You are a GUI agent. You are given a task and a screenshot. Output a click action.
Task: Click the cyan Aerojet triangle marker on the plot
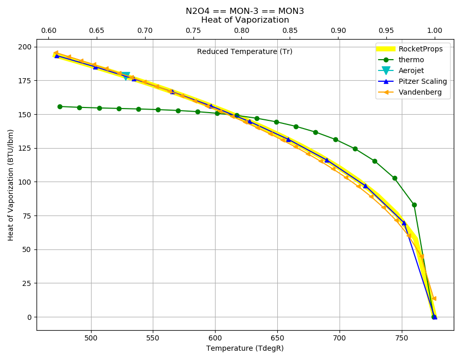[x=126, y=76]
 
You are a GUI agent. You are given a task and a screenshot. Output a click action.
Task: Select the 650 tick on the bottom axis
[x=277, y=338]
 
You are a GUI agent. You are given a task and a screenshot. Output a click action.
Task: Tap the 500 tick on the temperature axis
[x=91, y=338]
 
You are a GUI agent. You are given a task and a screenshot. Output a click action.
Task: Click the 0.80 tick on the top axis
[x=242, y=31]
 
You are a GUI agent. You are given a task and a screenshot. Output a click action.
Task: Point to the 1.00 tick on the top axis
[x=435, y=31]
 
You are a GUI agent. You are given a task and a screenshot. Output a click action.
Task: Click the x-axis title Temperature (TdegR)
[x=245, y=349]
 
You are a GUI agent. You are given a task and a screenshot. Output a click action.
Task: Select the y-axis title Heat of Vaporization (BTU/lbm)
[x=11, y=185]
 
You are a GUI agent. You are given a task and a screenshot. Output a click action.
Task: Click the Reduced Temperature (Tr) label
[x=244, y=51]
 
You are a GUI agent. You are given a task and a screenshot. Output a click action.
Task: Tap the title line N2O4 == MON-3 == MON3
[x=245, y=11]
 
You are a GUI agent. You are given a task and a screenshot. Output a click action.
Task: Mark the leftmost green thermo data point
[x=60, y=106]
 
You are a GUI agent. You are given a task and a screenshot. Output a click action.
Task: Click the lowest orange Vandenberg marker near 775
[x=434, y=299]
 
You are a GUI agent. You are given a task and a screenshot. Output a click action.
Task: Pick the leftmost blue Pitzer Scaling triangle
[x=57, y=56]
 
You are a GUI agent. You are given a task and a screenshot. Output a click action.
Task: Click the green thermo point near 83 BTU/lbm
[x=414, y=205]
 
